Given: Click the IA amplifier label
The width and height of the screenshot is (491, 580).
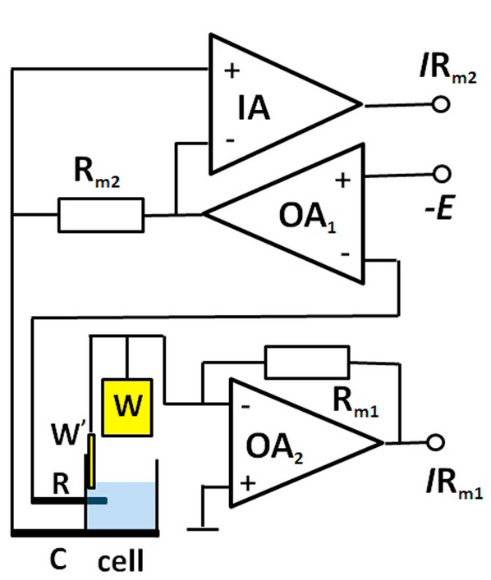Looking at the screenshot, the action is (254, 107).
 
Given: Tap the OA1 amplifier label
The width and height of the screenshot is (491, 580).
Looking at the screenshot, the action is (307, 217).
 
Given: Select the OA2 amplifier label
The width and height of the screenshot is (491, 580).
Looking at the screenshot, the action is (274, 448).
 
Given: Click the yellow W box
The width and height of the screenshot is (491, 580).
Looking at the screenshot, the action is (127, 407).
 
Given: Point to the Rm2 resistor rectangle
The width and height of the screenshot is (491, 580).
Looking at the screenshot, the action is (101, 215).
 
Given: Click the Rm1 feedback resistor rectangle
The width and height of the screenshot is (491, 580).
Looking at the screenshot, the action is (307, 362).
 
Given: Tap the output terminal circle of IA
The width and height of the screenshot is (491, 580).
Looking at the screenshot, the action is (441, 104).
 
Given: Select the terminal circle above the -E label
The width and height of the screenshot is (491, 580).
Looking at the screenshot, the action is (442, 174).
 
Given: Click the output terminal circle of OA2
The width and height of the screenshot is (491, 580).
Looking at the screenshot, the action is (435, 442).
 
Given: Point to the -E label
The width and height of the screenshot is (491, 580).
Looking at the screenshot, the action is (439, 208).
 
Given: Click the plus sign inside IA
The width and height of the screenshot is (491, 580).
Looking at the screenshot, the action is (232, 71).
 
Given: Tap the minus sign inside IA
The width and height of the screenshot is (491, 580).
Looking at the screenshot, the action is (231, 140).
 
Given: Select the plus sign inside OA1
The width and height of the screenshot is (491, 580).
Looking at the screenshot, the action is (342, 180).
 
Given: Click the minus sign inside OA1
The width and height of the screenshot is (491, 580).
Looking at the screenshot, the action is (345, 254).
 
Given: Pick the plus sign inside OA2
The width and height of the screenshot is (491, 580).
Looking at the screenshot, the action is (248, 483).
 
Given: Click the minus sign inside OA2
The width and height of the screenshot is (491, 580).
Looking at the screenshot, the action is (245, 407).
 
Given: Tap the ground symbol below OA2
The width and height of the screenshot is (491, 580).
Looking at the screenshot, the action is (203, 530).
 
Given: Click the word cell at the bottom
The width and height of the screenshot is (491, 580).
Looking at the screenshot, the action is (121, 561).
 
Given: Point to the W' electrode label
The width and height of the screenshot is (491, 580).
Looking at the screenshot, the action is (68, 433).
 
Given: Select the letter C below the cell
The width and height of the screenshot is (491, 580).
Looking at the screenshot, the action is (58, 559).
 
